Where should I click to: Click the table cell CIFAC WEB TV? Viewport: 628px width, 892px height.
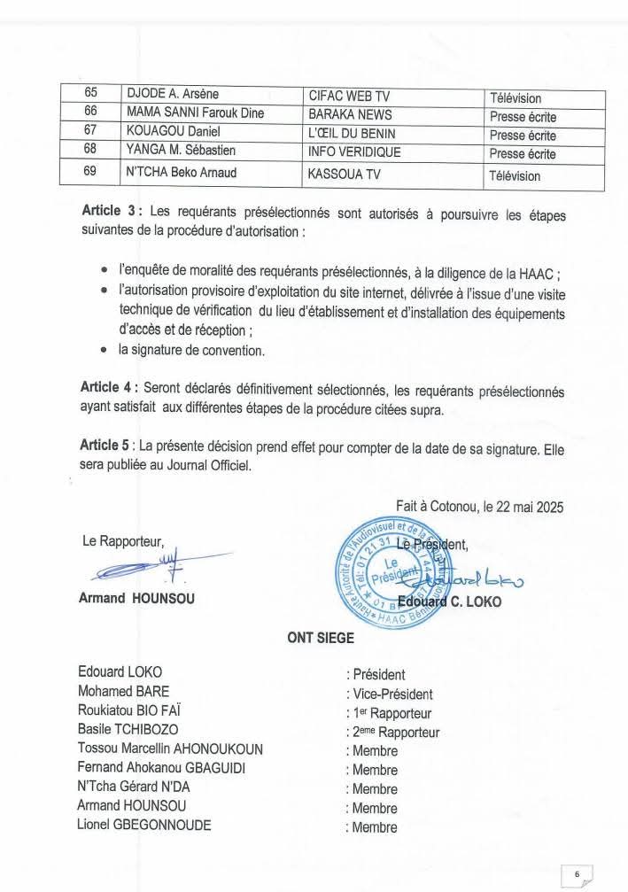341,97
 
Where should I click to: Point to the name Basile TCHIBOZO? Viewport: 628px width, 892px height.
128,731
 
